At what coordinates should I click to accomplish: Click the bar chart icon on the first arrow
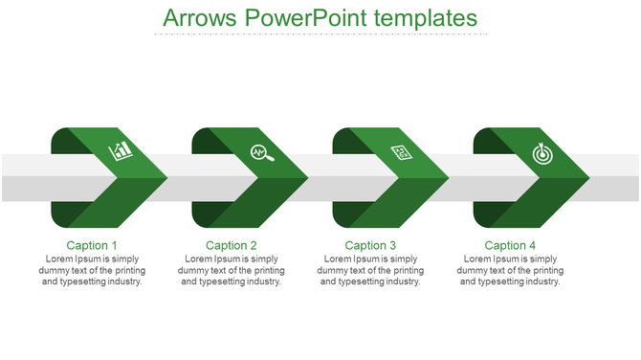122,150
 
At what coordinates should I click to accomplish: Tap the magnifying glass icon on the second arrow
261,152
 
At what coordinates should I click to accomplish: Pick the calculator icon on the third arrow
402,152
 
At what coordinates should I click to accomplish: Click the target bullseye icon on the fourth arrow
542,152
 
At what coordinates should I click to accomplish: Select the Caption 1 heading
93,246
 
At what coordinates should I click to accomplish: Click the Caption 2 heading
232,246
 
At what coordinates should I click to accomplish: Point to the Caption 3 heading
371,246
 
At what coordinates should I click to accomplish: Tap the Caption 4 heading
511,246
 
